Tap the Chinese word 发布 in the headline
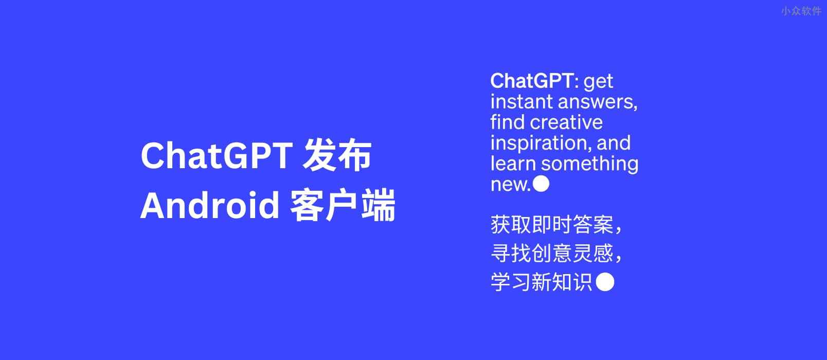pos(337,156)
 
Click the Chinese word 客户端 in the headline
pos(343,206)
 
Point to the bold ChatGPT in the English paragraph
pos(531,81)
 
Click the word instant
pos(522,102)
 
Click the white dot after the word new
pos(541,184)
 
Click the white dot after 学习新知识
pos(605,282)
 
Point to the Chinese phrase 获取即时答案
pos(552,225)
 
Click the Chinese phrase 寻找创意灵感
pos(552,254)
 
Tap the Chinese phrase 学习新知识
pos(542,282)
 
